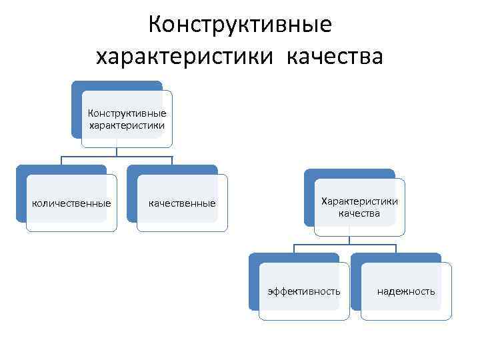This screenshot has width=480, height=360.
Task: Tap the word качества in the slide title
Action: coord(335,57)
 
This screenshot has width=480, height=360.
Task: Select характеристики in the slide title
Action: coord(185,57)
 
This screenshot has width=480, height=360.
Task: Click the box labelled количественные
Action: coord(72,203)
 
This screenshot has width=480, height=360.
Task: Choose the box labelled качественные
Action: coord(182,203)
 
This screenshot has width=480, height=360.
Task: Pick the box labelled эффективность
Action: coord(304,291)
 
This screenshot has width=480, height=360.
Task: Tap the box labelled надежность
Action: coord(406,291)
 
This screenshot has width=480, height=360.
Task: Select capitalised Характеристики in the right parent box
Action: coord(359,201)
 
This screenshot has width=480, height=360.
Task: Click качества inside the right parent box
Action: coord(359,213)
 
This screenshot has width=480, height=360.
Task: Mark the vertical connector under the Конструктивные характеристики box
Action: coord(117,152)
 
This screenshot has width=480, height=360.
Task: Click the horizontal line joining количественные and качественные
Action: coord(117,158)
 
